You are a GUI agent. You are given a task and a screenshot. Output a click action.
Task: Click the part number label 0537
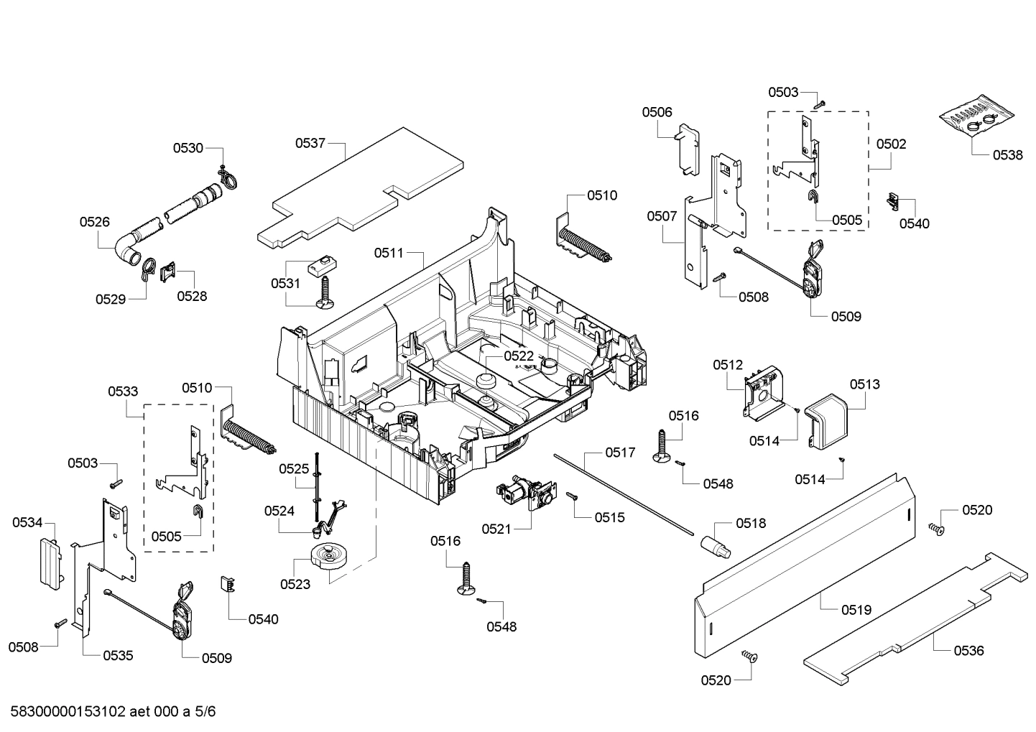310,143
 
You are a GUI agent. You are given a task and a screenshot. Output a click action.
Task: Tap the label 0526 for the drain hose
95,222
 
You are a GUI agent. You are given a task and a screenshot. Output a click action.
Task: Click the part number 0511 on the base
389,253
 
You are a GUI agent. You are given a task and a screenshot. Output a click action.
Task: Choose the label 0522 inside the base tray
519,356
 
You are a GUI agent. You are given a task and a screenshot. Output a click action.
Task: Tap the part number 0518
750,524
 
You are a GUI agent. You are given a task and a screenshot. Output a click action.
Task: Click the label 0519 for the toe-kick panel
856,610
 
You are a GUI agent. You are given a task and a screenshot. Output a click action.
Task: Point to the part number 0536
969,651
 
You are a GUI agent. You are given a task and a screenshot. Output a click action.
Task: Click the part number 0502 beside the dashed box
892,144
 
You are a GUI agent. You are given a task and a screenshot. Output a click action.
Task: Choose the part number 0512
728,365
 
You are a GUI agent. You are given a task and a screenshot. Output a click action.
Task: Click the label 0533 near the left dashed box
124,392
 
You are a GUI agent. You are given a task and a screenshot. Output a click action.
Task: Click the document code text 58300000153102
69,712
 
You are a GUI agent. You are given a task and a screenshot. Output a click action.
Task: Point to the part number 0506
657,112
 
